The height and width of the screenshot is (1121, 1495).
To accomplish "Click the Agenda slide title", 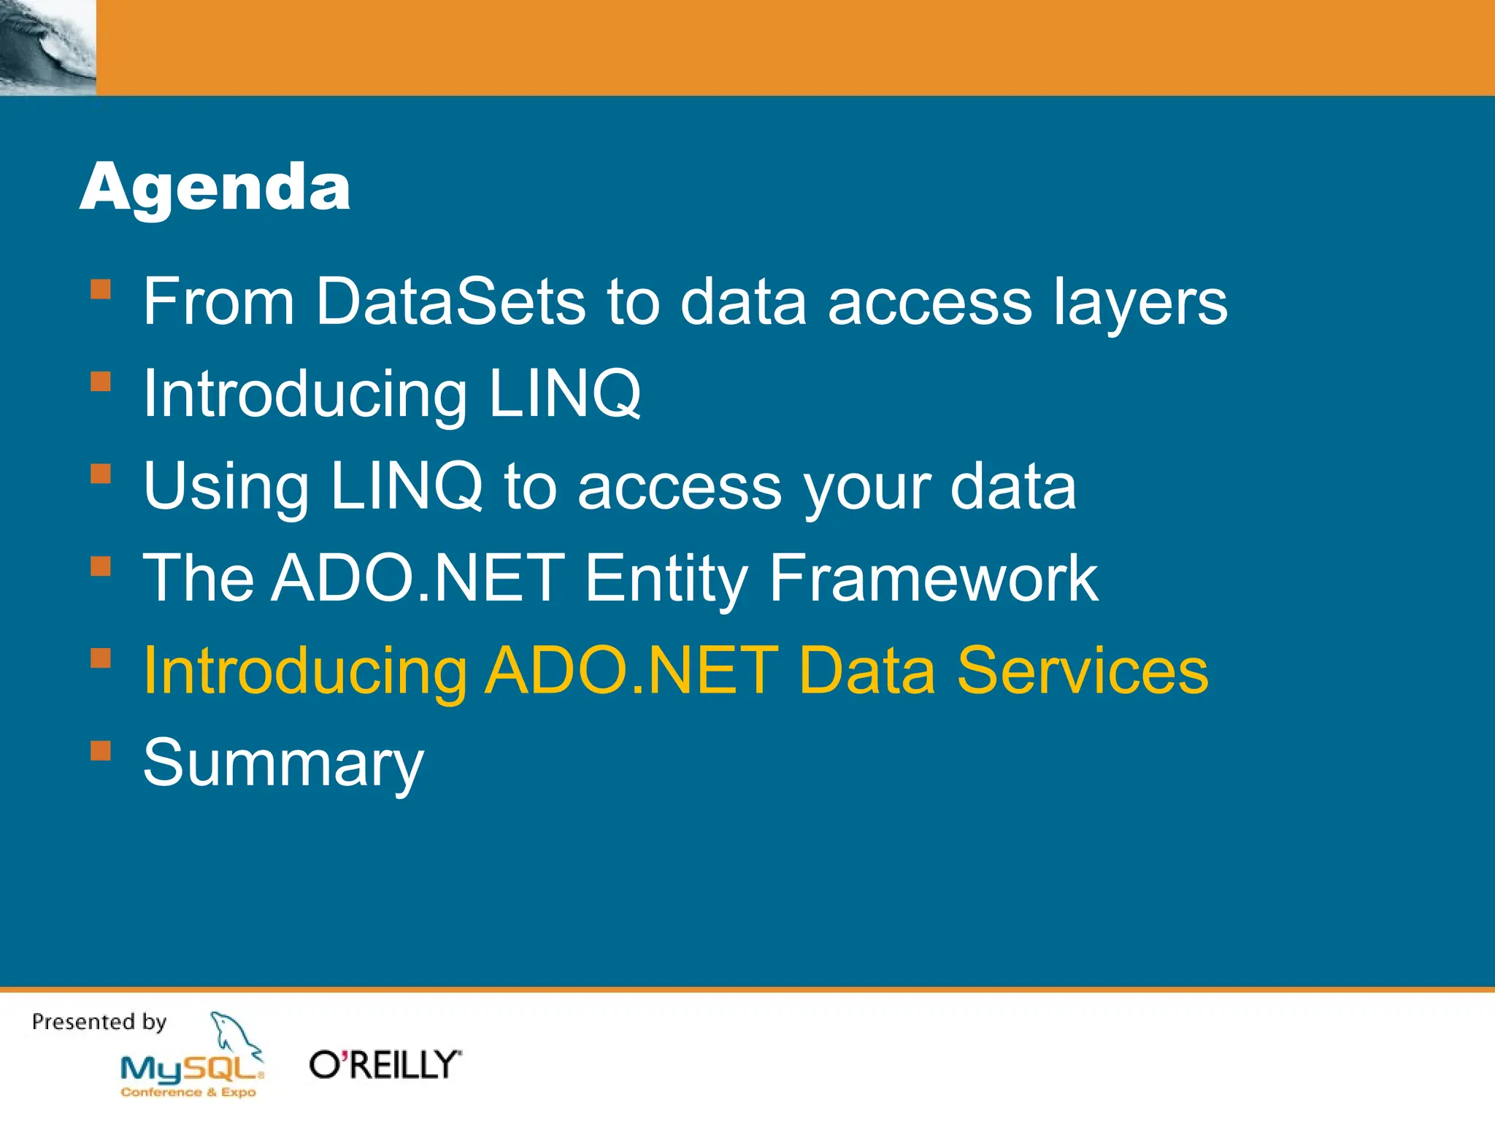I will click(x=215, y=188).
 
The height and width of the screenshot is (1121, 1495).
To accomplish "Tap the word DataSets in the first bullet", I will click(x=450, y=301).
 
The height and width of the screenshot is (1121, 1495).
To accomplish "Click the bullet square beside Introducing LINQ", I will click(x=101, y=382).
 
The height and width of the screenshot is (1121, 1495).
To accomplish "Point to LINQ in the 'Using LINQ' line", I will click(x=406, y=485).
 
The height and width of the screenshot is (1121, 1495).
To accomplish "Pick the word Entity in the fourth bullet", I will click(x=666, y=578).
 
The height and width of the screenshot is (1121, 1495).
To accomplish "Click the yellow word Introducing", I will click(x=305, y=671).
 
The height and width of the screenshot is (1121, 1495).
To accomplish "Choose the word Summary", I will click(x=283, y=763).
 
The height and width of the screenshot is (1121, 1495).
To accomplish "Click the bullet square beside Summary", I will click(x=101, y=750).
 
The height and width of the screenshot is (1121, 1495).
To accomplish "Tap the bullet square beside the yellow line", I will click(x=101, y=658).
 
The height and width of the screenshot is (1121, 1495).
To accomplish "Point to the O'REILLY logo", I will click(x=385, y=1065).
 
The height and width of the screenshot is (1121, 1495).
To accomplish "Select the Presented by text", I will click(x=99, y=1022).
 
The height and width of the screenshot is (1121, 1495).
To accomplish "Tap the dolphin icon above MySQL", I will click(x=234, y=1033).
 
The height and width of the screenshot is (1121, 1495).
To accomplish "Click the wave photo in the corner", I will click(x=47, y=47).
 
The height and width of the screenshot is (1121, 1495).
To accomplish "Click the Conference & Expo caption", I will click(x=188, y=1093).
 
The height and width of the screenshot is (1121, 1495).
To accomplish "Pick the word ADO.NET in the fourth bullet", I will click(x=418, y=578).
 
